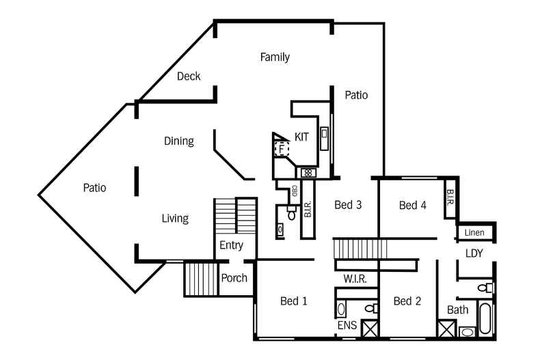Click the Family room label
pyautogui.click(x=275, y=57)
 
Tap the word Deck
pyautogui.click(x=189, y=76)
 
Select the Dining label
pyautogui.click(x=178, y=141)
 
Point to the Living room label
pyautogui.click(x=175, y=219)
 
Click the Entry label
pyautogui.click(x=232, y=245)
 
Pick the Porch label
pyautogui.click(x=234, y=278)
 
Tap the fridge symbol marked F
pyautogui.click(x=282, y=149)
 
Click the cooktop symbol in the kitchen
pyautogui.click(x=308, y=173)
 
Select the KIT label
pyautogui.click(x=301, y=137)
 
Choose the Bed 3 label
pyautogui.click(x=348, y=205)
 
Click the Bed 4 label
pyautogui.click(x=413, y=206)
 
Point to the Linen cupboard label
pyautogui.click(x=474, y=233)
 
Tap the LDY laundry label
pyautogui.click(x=474, y=253)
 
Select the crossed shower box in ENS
pyautogui.click(x=370, y=329)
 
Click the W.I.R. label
pyautogui.click(x=355, y=279)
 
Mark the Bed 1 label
pyautogui.click(x=293, y=301)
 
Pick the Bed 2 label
pyautogui.click(x=407, y=301)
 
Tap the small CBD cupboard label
pyautogui.click(x=294, y=191)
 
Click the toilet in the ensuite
pyautogui.click(x=371, y=308)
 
